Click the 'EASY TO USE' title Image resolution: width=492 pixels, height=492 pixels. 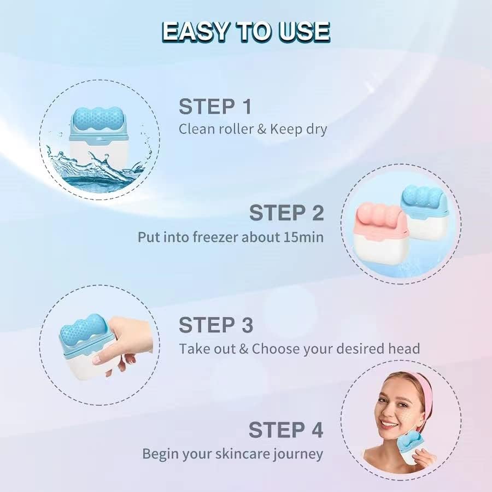pos(246,32)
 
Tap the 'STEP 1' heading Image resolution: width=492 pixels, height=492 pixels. pos(215,106)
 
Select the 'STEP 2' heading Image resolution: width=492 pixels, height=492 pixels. pos(286,213)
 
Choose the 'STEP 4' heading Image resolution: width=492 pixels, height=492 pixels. pos(286,430)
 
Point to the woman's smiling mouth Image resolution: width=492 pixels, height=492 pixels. pos(390,424)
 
